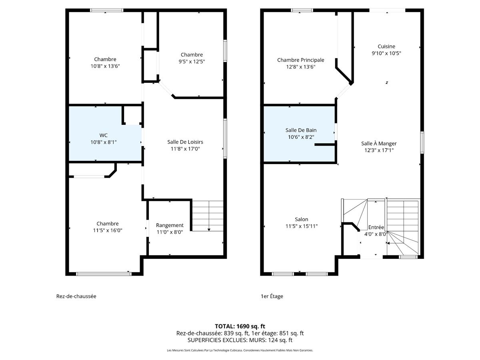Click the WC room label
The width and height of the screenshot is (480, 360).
coord(103,135)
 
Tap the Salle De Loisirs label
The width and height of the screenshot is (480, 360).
coord(185,142)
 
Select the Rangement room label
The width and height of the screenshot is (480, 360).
coord(170,225)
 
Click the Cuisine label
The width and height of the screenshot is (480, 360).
coord(386,46)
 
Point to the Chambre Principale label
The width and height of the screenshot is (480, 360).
coord(300,60)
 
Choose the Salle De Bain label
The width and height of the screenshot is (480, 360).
coord(301,130)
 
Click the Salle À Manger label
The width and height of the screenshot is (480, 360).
coord(379,144)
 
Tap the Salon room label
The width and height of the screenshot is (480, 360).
coord(301,219)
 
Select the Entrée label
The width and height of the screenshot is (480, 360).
coord(376,227)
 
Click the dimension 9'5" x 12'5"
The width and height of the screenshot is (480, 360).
coord(192,61)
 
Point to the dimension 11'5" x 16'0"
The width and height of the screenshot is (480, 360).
coord(108,230)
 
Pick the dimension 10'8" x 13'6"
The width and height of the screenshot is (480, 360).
coord(105,66)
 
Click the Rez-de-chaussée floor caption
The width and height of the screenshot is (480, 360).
coord(76,296)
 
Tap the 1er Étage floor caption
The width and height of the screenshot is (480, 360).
coord(272,296)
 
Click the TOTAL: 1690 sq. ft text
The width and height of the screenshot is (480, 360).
coord(240,326)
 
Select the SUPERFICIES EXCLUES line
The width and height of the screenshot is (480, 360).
coord(240,340)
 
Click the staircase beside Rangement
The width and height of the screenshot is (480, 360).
coord(207,216)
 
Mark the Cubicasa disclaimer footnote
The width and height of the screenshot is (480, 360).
coord(240,350)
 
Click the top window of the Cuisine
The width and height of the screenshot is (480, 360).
coord(387,10)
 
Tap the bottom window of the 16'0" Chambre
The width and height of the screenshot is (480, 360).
coord(104,274)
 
